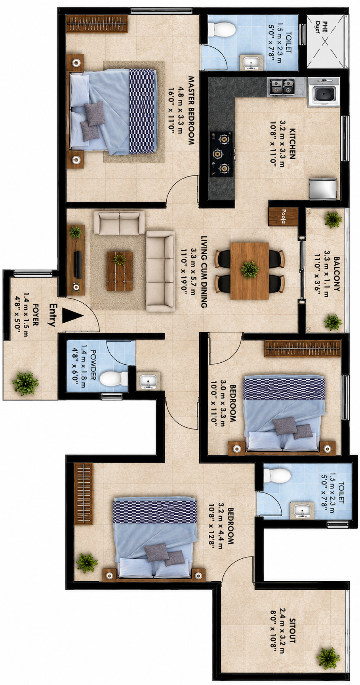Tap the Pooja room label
click(x=284, y=216)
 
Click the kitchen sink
click(x=324, y=92)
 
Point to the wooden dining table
click(x=250, y=270)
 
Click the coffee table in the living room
click(x=120, y=271)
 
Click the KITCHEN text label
click(x=292, y=143)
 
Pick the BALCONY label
click(x=337, y=274)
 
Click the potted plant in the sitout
click(x=328, y=658)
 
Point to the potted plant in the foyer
click(x=25, y=383)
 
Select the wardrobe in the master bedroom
click(x=97, y=24)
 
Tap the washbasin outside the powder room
click(x=149, y=381)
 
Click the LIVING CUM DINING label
click(x=204, y=272)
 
